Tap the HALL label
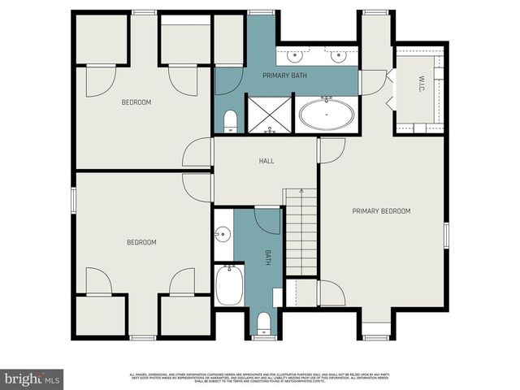click(x=266, y=161)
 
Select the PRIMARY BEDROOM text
click(x=381, y=211)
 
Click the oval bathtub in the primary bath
click(x=327, y=115)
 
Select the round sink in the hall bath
click(x=222, y=236)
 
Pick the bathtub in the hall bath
click(x=228, y=285)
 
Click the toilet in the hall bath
click(x=263, y=325)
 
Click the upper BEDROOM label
click(x=137, y=102)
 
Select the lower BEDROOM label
click(x=141, y=242)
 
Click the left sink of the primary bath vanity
click(x=296, y=56)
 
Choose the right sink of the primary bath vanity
click(x=339, y=56)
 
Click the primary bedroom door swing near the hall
click(x=331, y=149)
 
